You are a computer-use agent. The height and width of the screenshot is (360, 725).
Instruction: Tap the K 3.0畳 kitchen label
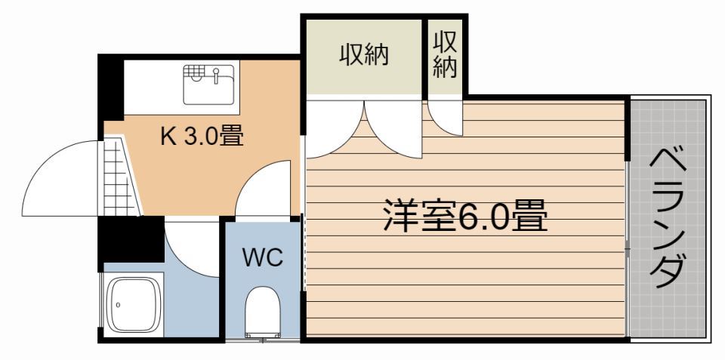[201, 136]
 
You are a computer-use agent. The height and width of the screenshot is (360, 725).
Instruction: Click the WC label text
[262, 257]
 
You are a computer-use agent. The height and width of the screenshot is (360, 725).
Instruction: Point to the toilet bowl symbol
[262, 309]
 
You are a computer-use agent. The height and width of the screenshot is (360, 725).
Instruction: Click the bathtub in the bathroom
[134, 305]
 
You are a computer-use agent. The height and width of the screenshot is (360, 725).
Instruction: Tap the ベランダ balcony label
[668, 218]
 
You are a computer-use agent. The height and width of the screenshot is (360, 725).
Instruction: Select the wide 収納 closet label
[363, 55]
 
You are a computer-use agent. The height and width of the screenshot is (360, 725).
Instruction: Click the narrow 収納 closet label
[445, 56]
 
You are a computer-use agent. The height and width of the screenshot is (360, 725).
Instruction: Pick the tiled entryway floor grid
[119, 178]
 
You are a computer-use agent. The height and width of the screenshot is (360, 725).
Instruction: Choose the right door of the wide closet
[393, 128]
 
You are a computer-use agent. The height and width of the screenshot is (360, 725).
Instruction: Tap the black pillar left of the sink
[112, 85]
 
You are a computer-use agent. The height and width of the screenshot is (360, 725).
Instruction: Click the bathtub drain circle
[119, 306]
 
